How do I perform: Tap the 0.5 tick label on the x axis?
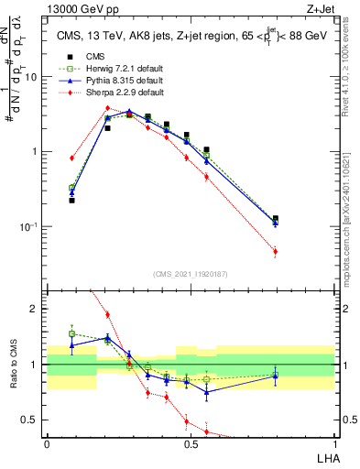[x=191, y=443]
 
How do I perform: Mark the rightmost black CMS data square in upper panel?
[x=276, y=219]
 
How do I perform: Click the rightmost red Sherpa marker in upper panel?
[x=276, y=251]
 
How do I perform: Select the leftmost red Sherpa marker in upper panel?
[x=71, y=158]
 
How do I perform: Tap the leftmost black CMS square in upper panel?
[x=71, y=200]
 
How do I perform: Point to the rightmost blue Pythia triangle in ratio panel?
[x=276, y=375]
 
